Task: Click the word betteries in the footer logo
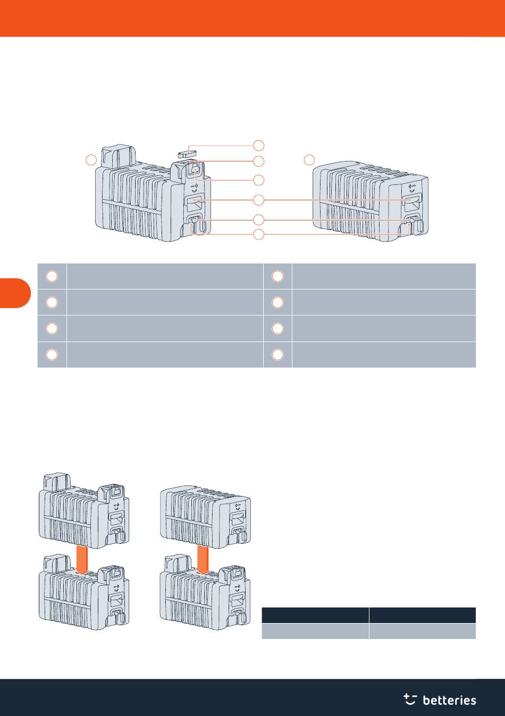click(x=449, y=701)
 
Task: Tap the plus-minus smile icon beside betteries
click(x=410, y=699)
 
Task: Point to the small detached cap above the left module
click(x=185, y=152)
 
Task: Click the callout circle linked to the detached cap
click(x=258, y=145)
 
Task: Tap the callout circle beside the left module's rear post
click(x=91, y=159)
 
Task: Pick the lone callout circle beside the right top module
click(x=310, y=159)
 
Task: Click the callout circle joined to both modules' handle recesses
click(x=258, y=200)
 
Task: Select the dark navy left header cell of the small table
click(x=315, y=616)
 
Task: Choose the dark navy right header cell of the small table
click(x=423, y=616)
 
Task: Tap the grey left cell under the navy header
click(x=315, y=631)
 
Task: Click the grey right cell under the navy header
click(x=423, y=631)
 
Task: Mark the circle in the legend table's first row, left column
click(x=52, y=276)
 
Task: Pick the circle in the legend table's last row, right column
click(x=277, y=355)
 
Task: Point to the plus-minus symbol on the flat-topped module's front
click(x=410, y=187)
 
